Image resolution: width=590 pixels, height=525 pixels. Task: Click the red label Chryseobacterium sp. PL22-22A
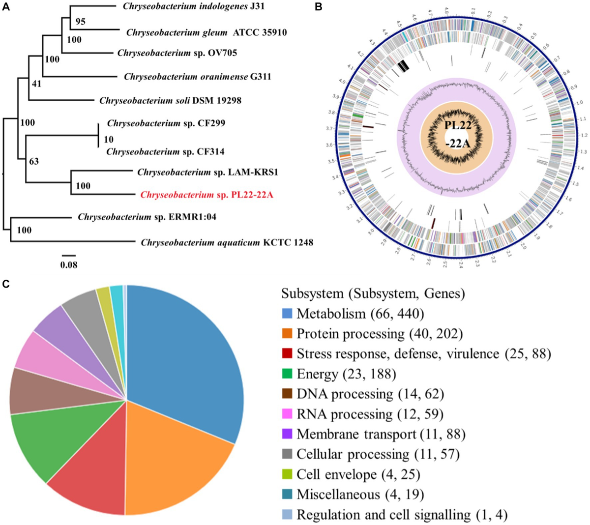(x=206, y=195)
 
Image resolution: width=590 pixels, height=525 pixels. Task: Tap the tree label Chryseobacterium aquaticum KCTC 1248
(x=227, y=242)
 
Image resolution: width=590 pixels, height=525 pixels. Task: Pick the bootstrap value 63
(x=33, y=161)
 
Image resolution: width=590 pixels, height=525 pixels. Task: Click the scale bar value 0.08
(x=69, y=265)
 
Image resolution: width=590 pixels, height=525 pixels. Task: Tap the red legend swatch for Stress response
(x=288, y=354)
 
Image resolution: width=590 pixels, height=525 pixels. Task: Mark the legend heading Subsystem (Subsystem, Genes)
(x=373, y=293)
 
